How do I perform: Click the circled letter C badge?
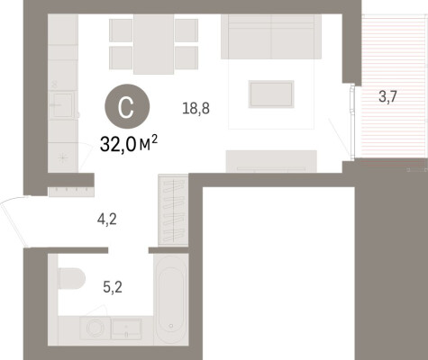pyautogui.click(x=127, y=106)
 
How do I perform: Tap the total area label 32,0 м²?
pyautogui.click(x=129, y=144)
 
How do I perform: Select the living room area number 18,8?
pyautogui.click(x=196, y=108)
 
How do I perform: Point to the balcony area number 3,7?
pyautogui.click(x=387, y=96)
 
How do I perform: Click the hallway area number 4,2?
pyautogui.click(x=107, y=220)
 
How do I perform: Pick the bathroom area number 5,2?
pyautogui.click(x=113, y=287)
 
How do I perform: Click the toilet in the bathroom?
pyautogui.click(x=72, y=279)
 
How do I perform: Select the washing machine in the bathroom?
pyautogui.click(x=96, y=328)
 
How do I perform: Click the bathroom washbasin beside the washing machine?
pyautogui.click(x=126, y=328)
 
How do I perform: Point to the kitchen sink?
pyautogui.click(x=62, y=105)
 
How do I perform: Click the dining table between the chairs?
pyautogui.click(x=153, y=44)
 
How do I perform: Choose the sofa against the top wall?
pyautogui.click(x=271, y=37)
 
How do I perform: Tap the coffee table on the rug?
pyautogui.click(x=271, y=94)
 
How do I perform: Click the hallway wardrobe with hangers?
pyautogui.click(x=173, y=210)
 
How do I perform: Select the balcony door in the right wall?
pyautogui.click(x=352, y=121)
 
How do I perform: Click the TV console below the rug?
pyautogui.click(x=271, y=161)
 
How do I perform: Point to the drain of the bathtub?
pyautogui.click(x=171, y=326)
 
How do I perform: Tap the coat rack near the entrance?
pyautogui.click(x=71, y=192)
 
